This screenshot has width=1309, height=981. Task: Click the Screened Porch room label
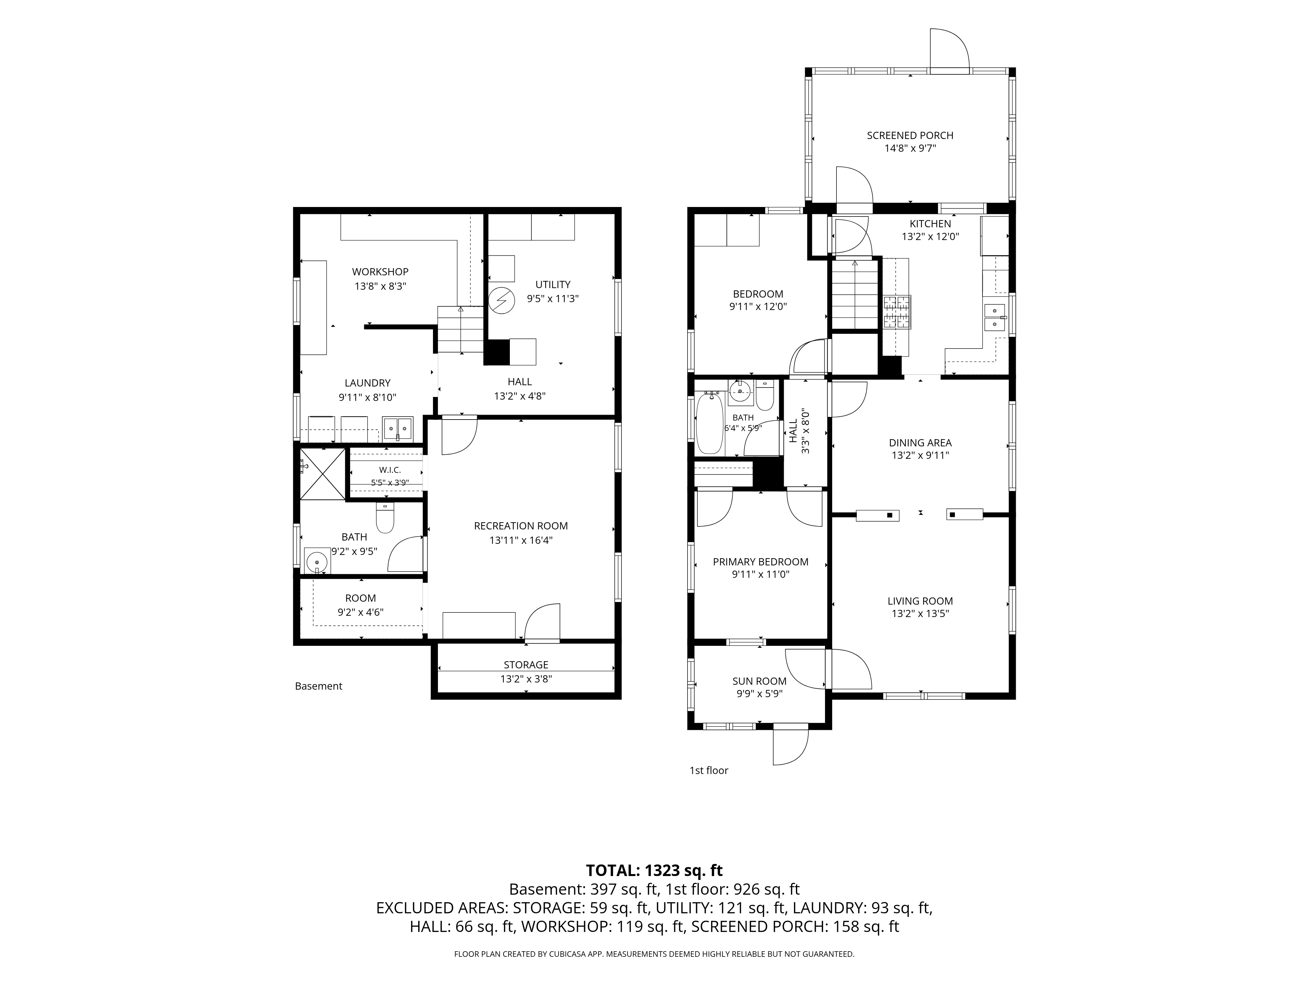coord(910,135)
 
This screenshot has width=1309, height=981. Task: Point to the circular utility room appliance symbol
coord(501,301)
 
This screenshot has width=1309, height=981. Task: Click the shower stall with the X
coord(323,474)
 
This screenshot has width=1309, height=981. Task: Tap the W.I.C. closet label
coord(390,470)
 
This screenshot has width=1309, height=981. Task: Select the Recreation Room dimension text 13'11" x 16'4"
coord(521,540)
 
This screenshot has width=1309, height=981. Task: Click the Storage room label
coord(526,665)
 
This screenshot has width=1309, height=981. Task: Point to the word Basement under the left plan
coord(318,686)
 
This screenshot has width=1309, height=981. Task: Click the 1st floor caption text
coord(708,770)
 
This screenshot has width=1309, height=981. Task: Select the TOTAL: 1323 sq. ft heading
coord(654,870)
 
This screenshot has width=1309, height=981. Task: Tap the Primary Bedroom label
coord(761,562)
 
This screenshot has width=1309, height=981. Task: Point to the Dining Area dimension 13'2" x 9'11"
coord(920,455)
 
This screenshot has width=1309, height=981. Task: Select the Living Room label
coord(920,601)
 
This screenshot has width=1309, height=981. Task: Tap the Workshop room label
coord(380,272)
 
